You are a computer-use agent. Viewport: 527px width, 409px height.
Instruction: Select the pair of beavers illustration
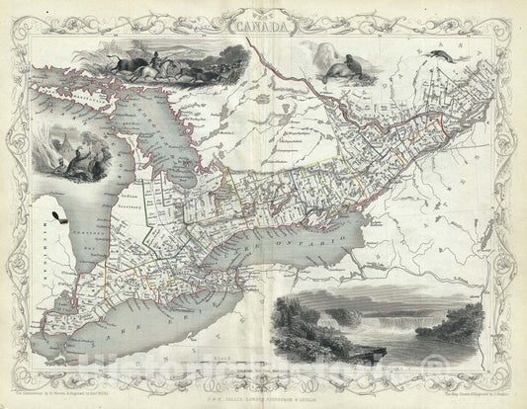coord(334,65)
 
